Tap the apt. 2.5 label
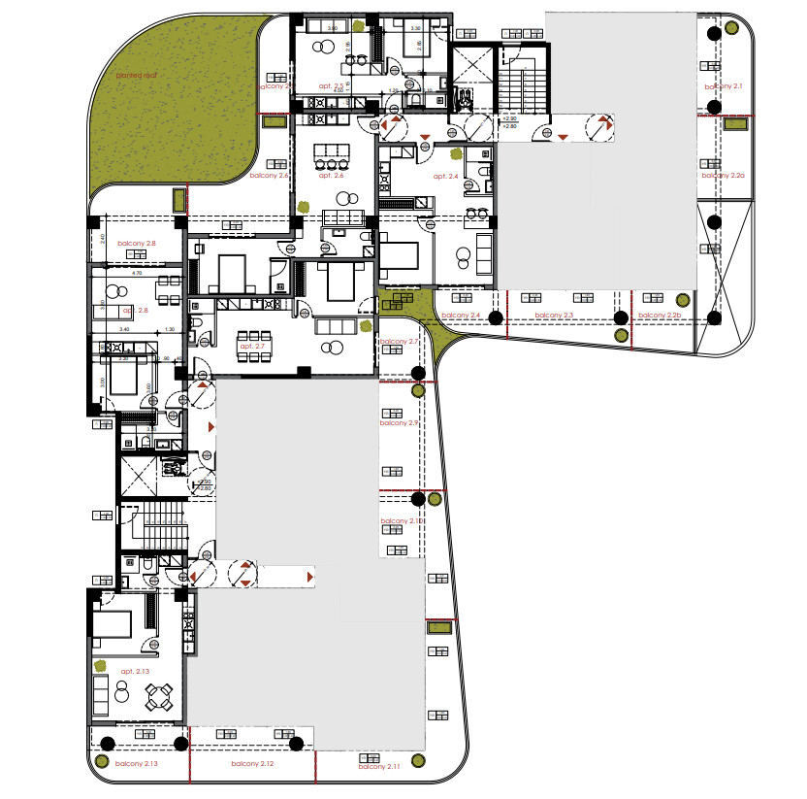point(332,86)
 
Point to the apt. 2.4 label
point(445,176)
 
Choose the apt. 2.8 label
point(135,311)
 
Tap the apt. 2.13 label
point(135,672)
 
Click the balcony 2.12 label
point(252,765)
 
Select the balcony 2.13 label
point(137,764)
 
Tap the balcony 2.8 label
point(137,244)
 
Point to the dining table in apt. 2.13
point(157,697)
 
